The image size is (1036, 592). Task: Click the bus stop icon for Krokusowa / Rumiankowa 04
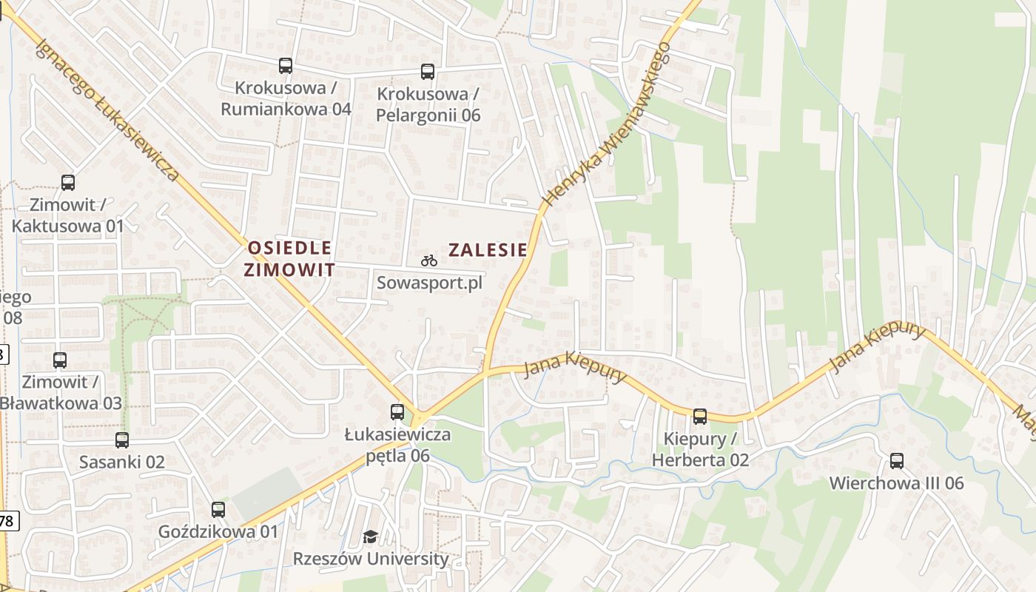(286, 66)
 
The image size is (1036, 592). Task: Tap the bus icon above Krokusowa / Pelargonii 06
(428, 72)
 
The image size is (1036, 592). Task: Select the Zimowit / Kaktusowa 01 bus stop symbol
(68, 182)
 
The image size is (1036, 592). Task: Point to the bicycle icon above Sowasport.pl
(429, 260)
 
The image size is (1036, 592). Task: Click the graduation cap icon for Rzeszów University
(370, 536)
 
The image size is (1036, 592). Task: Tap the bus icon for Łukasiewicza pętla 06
(397, 412)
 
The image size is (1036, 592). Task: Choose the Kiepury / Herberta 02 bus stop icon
(700, 417)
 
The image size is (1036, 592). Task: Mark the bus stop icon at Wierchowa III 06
(897, 461)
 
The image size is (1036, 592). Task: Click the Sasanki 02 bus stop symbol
(122, 440)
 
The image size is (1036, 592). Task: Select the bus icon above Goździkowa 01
(218, 510)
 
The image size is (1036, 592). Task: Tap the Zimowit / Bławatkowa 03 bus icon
(60, 360)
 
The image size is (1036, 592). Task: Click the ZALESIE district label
(488, 250)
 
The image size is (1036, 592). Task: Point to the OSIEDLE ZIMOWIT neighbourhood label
(289, 258)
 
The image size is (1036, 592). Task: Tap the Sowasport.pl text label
(429, 283)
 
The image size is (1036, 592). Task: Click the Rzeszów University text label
(371, 559)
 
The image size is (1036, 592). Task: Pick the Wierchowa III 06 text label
(896, 483)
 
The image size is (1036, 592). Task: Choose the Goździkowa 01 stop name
(218, 531)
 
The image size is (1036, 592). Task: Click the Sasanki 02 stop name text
(122, 462)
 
